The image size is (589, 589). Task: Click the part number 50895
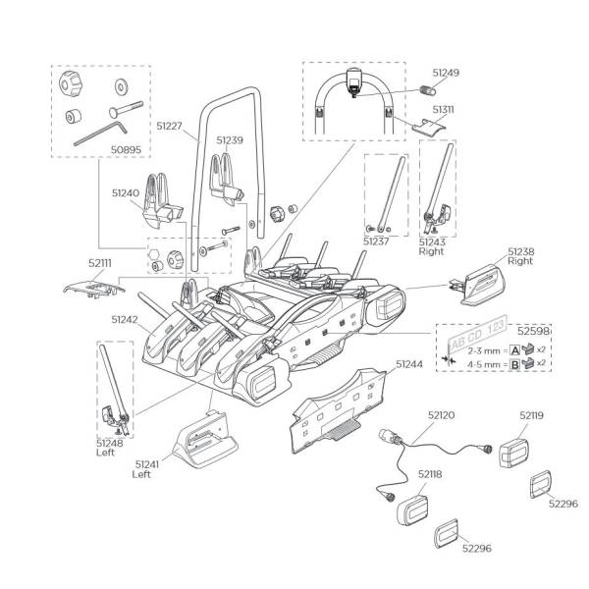pos(126,149)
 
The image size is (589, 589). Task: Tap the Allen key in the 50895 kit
pos(101,133)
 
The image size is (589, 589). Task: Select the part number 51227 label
pos(169,126)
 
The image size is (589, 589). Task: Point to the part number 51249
pos(446,73)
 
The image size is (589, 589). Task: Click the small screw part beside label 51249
pos(427,90)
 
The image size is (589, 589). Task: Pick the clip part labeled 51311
pos(430,126)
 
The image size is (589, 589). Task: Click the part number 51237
pos(376,241)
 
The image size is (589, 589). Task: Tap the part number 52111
pos(100,263)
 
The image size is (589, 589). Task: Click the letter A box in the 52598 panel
pos(515,350)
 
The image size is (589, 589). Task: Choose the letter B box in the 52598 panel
pos(515,364)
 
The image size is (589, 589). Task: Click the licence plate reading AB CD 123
pos(477,334)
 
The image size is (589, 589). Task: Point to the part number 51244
pos(409,364)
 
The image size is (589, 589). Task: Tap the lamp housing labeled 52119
pos(513,453)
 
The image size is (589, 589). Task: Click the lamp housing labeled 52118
pos(412,509)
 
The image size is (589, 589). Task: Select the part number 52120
pos(441,415)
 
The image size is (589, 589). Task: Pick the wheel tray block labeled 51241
pos(205,440)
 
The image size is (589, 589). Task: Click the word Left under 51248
pos(105,453)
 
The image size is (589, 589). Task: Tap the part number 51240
pos(126,193)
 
